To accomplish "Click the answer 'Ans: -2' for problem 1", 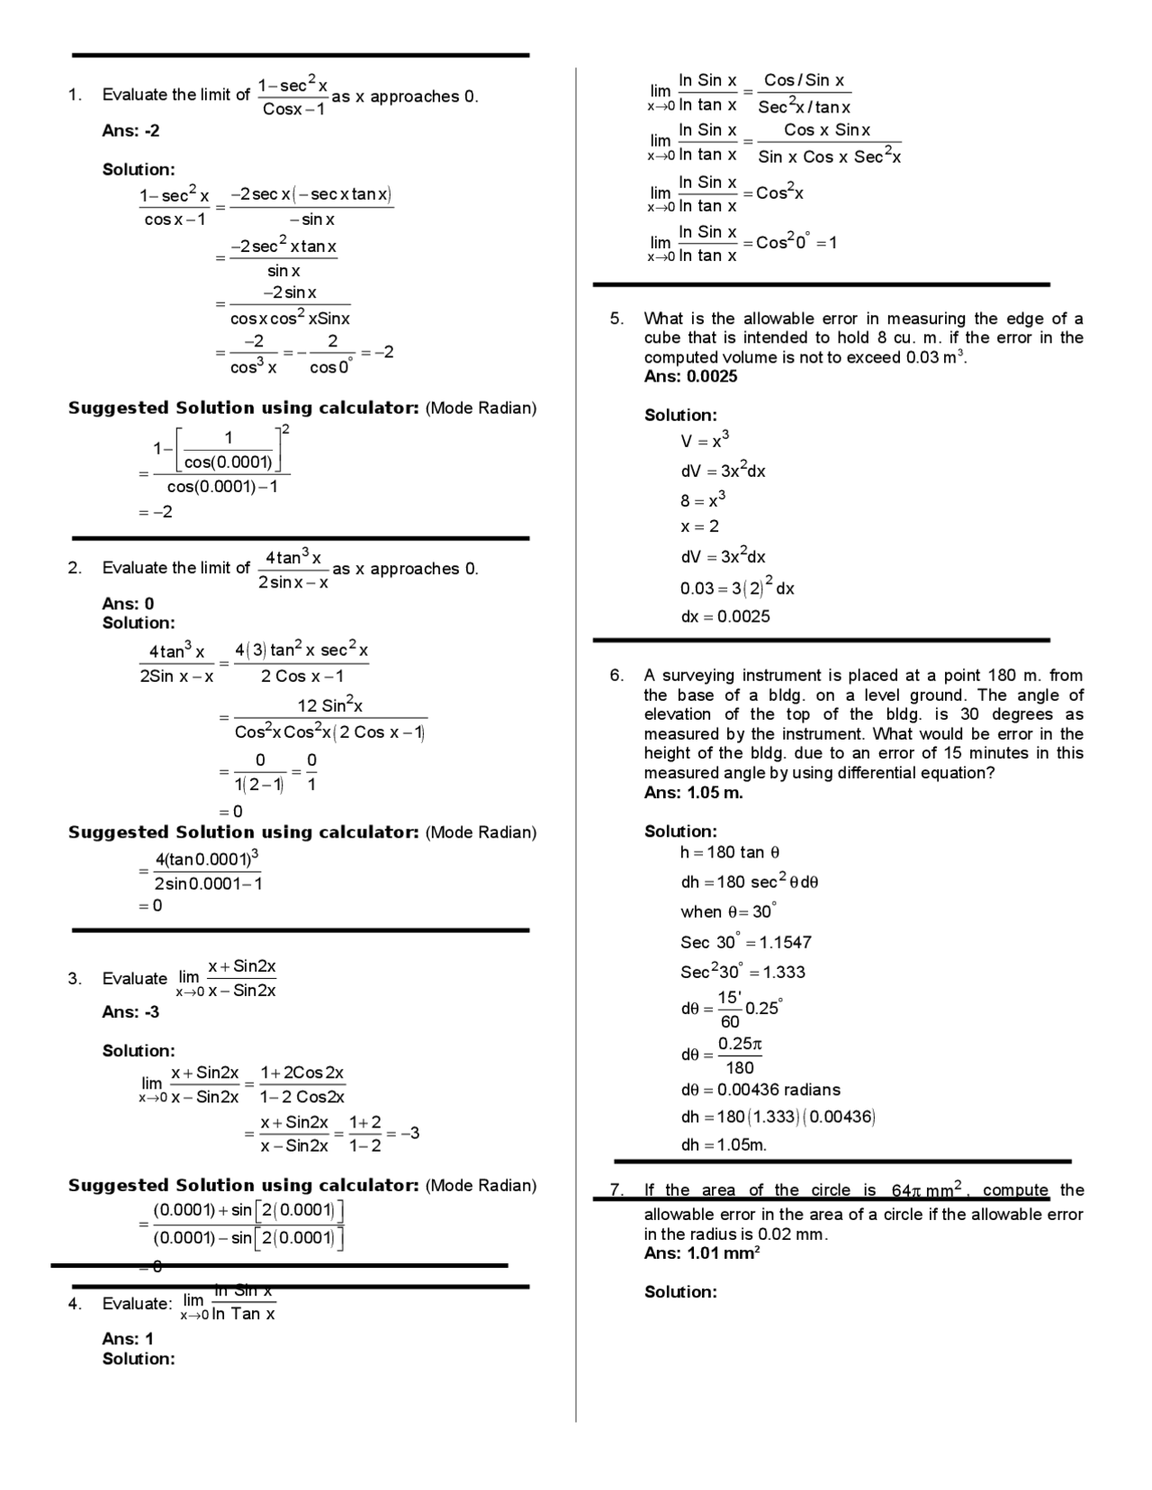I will click(130, 130).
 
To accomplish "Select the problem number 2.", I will click(74, 568).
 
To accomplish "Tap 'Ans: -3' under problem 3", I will click(130, 1012).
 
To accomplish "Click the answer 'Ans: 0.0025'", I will click(690, 377).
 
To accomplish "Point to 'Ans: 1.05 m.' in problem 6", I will click(693, 793).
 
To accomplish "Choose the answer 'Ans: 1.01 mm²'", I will click(702, 1253).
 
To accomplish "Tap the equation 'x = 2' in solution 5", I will click(699, 526).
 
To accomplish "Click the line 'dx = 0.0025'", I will click(724, 617).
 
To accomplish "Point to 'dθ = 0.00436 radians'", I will click(760, 1090).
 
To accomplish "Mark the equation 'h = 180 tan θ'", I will click(730, 852).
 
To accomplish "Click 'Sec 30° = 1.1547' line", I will click(745, 942).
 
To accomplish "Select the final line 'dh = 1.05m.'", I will click(724, 1145).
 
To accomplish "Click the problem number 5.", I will click(616, 319).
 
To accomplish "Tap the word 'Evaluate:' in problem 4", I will click(137, 1304).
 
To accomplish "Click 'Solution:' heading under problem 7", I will click(680, 1292).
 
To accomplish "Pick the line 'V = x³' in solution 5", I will click(705, 441).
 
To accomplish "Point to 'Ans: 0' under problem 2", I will click(128, 604).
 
